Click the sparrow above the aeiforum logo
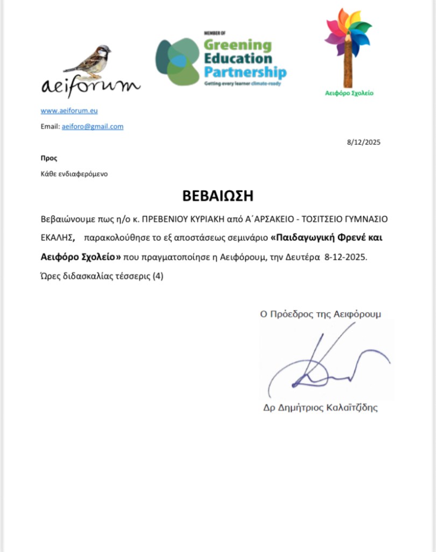pos(89,59)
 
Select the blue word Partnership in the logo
pos(245,72)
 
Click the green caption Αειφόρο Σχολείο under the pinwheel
pos(349,93)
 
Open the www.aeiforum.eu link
pos(69,111)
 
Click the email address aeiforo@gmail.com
pos(93,127)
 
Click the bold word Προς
pos(48,158)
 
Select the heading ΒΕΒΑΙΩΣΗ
pos(217,195)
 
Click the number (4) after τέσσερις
pos(157,277)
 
